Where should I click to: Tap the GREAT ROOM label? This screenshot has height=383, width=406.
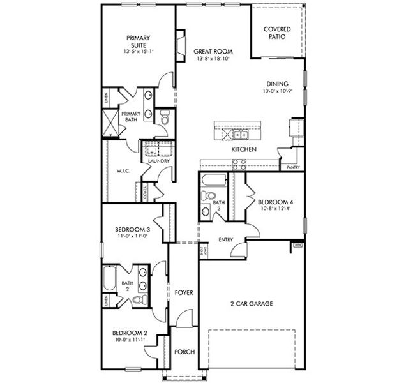pyautogui.click(x=213, y=52)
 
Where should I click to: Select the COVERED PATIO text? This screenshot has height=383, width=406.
pyautogui.click(x=278, y=33)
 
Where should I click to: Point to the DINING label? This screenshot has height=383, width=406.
pyautogui.click(x=277, y=84)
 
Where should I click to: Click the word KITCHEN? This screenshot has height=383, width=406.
pyautogui.click(x=244, y=149)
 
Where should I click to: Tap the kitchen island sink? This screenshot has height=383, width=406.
pyautogui.click(x=240, y=135)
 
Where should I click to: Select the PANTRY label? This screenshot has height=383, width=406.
pyautogui.click(x=294, y=167)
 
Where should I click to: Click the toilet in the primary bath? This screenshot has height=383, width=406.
pyautogui.click(x=164, y=119)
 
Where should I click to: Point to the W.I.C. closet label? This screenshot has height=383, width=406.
pyautogui.click(x=124, y=170)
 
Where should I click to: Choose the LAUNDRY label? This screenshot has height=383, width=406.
pyautogui.click(x=158, y=161)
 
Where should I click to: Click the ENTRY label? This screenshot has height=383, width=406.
pyautogui.click(x=225, y=240)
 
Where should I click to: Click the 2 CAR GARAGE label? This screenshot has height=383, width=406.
pyautogui.click(x=252, y=304)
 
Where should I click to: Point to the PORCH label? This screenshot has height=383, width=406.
pyautogui.click(x=184, y=352)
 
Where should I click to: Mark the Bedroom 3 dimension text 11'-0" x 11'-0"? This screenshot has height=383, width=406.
pyautogui.click(x=132, y=236)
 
